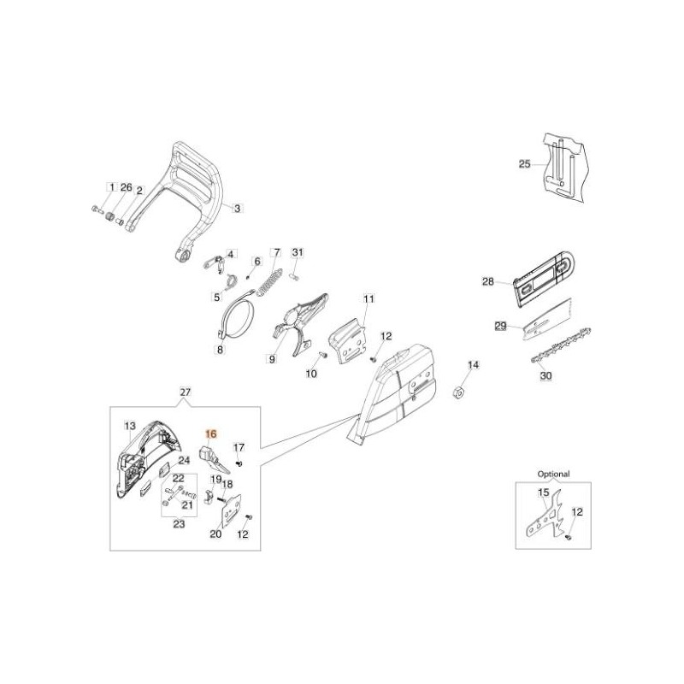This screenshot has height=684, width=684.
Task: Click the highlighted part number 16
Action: pos(212,434)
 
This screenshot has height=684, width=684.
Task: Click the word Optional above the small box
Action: pos(553,473)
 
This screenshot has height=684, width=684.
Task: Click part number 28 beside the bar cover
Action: pos(488,280)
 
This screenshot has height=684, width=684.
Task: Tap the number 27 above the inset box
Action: pos(186,392)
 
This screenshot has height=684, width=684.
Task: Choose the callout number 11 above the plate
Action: pos(369,299)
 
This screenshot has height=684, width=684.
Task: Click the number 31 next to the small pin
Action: pos(298,252)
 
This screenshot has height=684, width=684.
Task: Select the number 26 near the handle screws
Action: pos(126,187)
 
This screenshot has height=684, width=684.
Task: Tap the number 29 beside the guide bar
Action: pos(501,326)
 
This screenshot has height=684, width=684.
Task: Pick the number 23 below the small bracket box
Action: pos(180,524)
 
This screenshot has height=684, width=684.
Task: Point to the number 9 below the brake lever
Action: pos(271,360)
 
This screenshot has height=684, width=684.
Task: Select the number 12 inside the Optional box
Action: pos(577,511)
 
